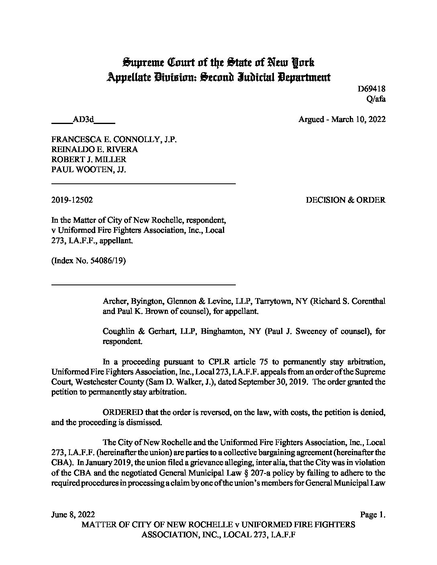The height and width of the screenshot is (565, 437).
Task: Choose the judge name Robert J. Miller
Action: tap(88, 160)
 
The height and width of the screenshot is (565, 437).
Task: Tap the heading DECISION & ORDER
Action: tap(345, 200)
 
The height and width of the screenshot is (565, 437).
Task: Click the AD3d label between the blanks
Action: tap(83, 119)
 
